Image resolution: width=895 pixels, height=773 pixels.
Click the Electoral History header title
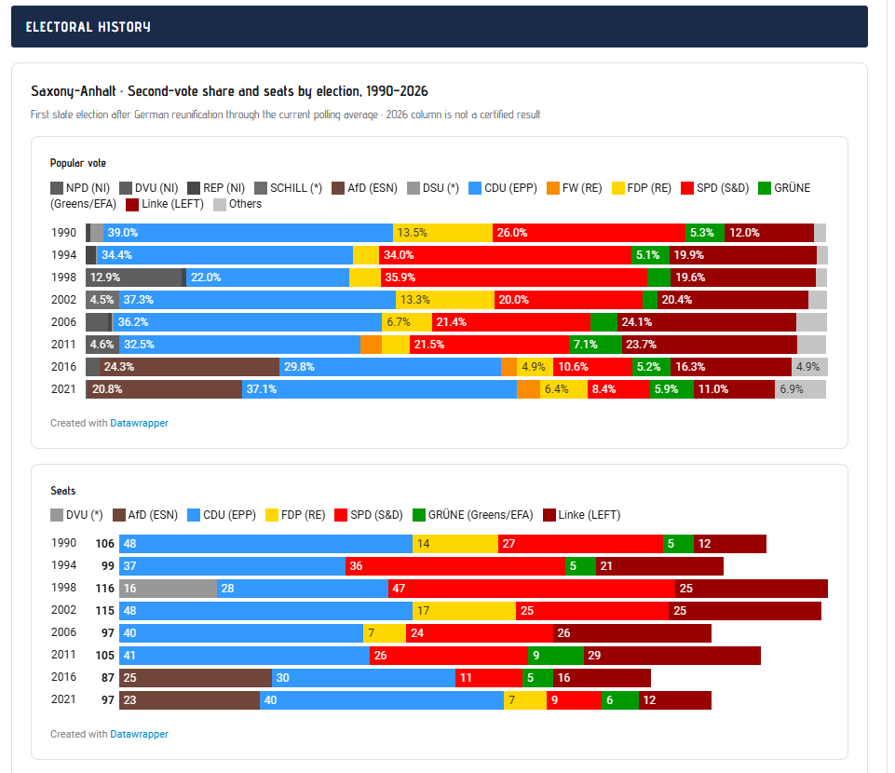[88, 27]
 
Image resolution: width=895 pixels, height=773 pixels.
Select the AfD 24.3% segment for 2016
[189, 367]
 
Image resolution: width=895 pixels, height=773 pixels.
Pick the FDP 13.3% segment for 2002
[444, 300]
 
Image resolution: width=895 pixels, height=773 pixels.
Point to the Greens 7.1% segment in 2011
[595, 345]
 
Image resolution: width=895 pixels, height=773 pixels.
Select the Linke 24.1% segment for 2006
[707, 322]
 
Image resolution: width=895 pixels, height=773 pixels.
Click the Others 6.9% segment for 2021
[800, 389]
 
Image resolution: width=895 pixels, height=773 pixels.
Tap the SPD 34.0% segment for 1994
[505, 254]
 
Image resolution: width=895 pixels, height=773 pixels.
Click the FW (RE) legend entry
[575, 188]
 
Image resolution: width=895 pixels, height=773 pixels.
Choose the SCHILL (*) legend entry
[289, 188]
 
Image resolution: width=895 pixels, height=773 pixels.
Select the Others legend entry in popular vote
[237, 204]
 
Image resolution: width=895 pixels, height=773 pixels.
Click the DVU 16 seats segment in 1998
[168, 588]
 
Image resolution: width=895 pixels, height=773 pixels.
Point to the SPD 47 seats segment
[532, 588]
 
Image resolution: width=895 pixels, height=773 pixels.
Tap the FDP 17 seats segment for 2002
[464, 611]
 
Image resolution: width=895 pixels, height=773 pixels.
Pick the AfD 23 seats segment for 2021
[189, 700]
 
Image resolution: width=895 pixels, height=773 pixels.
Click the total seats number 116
[105, 588]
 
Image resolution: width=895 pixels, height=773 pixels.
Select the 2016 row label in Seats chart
[63, 677]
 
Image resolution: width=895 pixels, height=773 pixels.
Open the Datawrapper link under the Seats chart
[140, 734]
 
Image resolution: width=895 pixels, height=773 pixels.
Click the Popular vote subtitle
[78, 163]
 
